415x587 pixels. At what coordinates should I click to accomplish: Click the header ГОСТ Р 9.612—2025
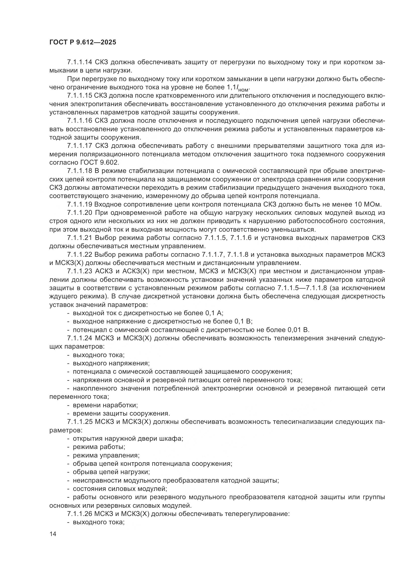click(83, 42)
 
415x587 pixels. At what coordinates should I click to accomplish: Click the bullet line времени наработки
click(105, 405)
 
